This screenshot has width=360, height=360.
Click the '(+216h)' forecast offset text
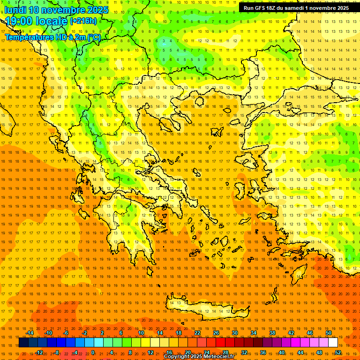tap(83, 21)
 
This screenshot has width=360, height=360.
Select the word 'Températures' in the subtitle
tap(27, 37)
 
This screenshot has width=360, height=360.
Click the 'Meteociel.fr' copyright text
tap(215, 357)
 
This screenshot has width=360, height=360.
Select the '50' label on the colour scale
tap(329, 333)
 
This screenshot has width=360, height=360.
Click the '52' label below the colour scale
tap(338, 352)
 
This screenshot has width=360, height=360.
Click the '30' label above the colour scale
tap(235, 333)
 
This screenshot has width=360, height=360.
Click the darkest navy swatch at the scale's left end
tap(23, 343)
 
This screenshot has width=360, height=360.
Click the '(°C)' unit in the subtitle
tap(94, 37)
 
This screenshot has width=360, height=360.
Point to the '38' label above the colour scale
tap(272, 333)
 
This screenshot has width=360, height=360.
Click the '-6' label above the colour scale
tap(66, 333)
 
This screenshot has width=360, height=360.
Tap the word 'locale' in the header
tap(53, 21)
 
